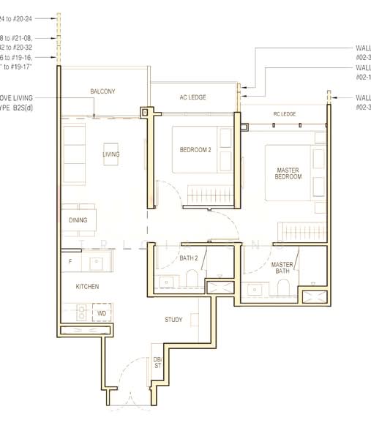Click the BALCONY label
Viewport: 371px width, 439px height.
pos(102,91)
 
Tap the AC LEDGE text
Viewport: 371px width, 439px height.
pos(193,97)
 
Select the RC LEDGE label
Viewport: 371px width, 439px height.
pos(284,114)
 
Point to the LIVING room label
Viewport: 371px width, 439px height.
pos(110,154)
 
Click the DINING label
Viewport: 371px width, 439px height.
pos(78,219)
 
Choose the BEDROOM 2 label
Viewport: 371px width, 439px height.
pos(195,150)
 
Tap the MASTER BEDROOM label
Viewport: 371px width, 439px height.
pos(288,173)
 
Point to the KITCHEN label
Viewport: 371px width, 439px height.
pos(86,286)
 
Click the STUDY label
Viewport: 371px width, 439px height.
pos(173,319)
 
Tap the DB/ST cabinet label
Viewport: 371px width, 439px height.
pos(157,363)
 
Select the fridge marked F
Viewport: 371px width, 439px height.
pos(70,260)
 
